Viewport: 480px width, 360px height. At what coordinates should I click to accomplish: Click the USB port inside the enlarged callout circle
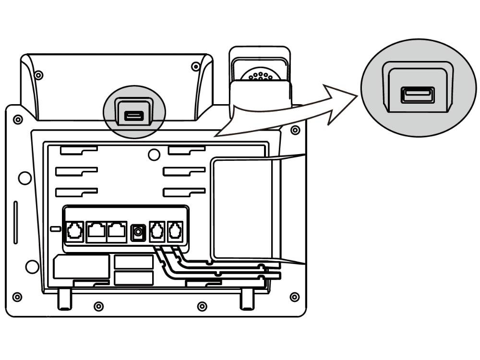(418, 95)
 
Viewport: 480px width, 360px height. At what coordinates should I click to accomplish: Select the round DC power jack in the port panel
(139, 232)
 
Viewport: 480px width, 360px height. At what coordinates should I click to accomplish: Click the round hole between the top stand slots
(154, 155)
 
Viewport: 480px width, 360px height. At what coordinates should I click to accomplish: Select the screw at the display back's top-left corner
(39, 75)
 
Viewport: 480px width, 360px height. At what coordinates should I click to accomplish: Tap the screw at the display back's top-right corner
(195, 66)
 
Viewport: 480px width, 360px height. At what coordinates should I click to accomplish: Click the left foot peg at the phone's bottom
(65, 298)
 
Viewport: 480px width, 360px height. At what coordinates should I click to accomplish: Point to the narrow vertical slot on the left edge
(15, 222)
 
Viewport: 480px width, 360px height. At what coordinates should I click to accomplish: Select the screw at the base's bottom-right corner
(294, 297)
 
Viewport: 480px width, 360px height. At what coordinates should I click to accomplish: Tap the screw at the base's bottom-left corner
(17, 297)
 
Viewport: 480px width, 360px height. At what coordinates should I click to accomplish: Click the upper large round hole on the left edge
(24, 178)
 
